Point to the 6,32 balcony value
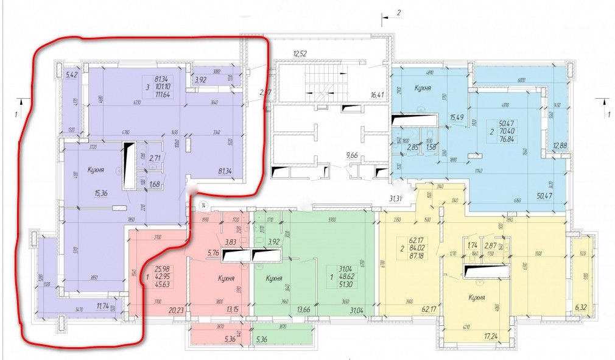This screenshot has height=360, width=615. [x=580, y=316]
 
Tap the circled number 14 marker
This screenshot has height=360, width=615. [x=205, y=205]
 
